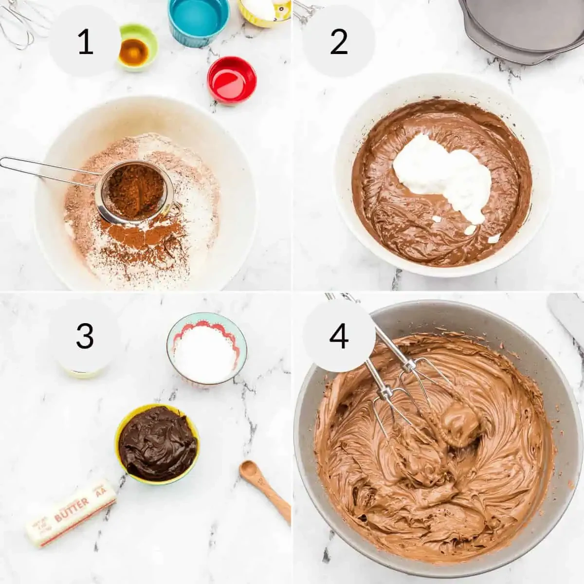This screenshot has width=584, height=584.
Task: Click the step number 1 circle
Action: tap(85, 42)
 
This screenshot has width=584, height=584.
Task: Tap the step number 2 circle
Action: tap(339, 42)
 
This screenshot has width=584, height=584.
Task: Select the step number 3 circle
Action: tap(85, 336)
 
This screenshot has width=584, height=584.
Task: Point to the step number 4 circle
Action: tap(339, 336)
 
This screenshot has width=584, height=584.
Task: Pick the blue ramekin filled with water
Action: tap(198, 19)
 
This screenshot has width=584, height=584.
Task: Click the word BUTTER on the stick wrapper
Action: tap(72, 508)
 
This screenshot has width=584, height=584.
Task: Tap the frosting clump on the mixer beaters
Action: tap(460, 421)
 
